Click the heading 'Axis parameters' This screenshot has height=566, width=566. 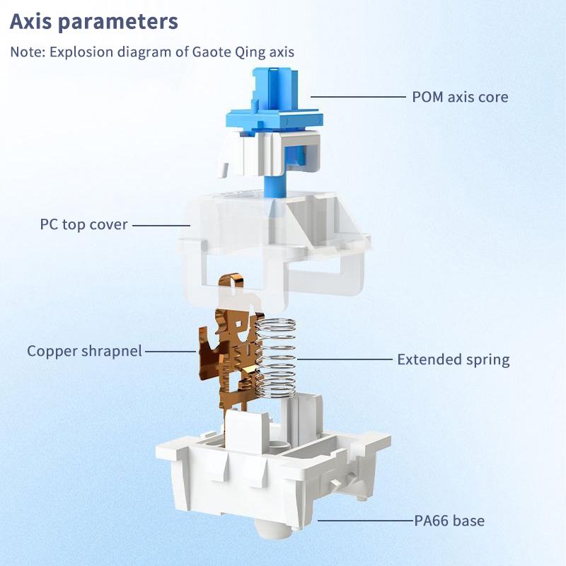[x=94, y=21]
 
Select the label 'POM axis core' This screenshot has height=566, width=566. [x=460, y=97]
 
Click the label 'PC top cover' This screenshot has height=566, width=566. [x=83, y=225]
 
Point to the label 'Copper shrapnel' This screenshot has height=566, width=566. [x=85, y=351]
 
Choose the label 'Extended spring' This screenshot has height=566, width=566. [x=453, y=359]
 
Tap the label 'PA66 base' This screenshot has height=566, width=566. [x=449, y=521]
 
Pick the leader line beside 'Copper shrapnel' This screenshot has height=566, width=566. [x=170, y=351]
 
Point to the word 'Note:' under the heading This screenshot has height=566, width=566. [x=26, y=52]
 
